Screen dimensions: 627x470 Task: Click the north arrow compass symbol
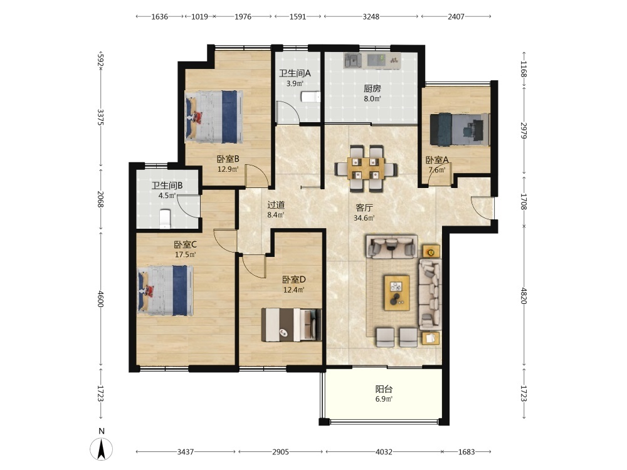102,449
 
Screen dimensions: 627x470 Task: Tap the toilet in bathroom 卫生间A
310,97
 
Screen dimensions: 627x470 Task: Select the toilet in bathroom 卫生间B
165,219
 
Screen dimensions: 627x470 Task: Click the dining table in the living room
366,168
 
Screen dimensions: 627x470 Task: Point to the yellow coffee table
397,293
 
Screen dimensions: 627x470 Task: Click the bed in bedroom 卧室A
460,130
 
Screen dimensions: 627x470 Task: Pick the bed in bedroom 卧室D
292,325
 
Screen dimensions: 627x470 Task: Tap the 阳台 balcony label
384,389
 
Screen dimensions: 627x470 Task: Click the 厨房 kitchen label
372,88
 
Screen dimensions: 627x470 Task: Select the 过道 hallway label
276,205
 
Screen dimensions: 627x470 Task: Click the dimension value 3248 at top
371,17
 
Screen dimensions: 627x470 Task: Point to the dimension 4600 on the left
101,299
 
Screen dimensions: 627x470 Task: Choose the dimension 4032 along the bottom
384,452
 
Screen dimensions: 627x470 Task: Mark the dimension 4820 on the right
524,296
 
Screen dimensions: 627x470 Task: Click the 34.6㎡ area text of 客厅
364,218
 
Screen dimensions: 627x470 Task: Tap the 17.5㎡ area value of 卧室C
185,254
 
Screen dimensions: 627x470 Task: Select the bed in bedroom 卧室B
214,117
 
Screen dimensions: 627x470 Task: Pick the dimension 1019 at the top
199,17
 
